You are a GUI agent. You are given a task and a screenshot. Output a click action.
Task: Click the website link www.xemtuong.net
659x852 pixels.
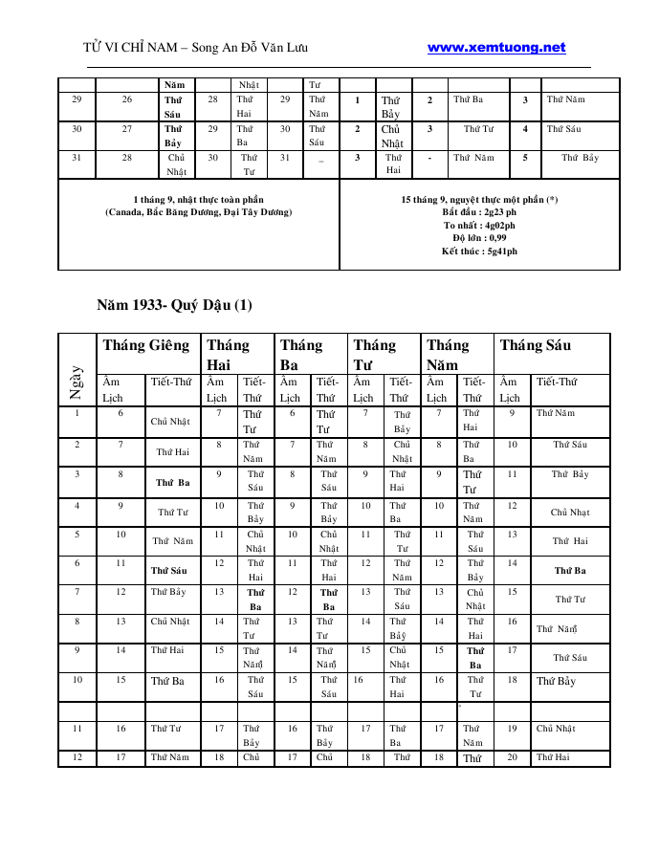tap(496, 47)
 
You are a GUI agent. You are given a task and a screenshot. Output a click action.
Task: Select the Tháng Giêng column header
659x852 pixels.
tap(146, 345)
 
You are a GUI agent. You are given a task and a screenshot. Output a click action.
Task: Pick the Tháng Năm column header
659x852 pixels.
tap(448, 354)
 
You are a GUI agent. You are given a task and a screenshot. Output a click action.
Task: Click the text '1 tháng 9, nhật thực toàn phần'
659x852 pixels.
tap(199, 200)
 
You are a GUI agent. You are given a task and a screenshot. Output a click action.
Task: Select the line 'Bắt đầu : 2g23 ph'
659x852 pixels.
tap(479, 211)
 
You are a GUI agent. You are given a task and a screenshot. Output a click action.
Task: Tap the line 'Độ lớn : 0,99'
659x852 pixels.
tap(479, 237)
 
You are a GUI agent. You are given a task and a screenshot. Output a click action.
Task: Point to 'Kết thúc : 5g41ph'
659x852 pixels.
tap(479, 251)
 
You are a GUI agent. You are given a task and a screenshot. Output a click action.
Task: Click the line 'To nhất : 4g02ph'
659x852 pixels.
tap(479, 225)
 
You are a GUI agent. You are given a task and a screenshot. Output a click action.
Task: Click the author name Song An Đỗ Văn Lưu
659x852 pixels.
tap(253, 47)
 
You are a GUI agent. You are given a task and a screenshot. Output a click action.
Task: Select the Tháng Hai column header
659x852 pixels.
tap(228, 354)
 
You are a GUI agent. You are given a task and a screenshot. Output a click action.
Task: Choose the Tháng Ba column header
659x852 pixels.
tap(300, 354)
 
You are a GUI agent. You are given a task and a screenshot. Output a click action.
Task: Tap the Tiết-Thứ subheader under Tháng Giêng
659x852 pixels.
tap(171, 382)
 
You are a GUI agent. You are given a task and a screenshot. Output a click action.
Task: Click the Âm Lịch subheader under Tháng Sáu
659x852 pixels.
tap(510, 389)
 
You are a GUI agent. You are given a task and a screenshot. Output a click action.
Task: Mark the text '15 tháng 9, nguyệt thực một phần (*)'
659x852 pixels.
tap(479, 200)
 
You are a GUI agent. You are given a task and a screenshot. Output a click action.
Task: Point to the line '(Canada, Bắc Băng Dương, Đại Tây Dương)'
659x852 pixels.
tap(199, 211)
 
